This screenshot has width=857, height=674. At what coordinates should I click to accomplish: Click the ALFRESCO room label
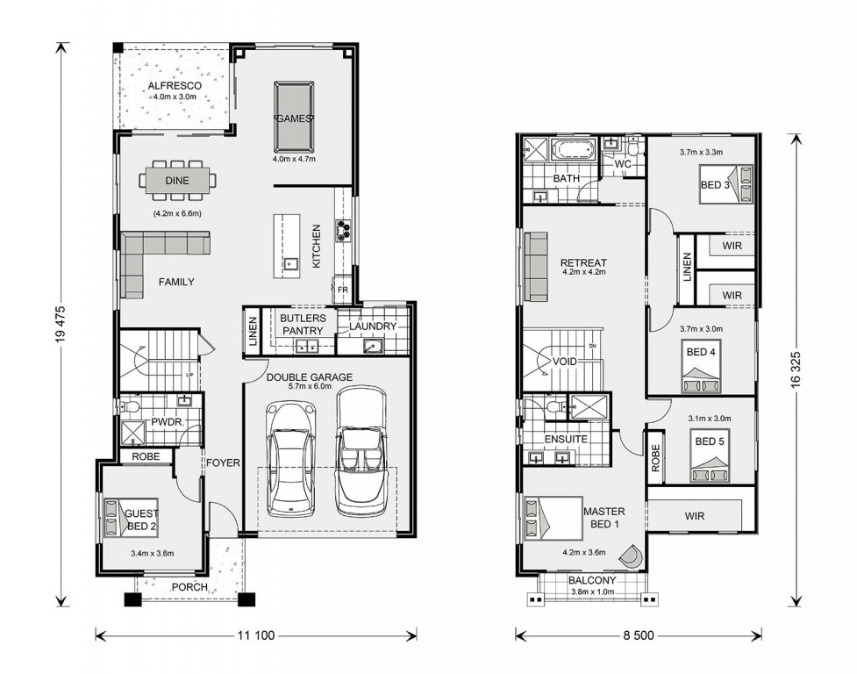point(175,86)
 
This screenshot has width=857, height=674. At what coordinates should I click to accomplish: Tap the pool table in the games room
point(294,117)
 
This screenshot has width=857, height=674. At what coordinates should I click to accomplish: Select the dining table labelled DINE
point(177,180)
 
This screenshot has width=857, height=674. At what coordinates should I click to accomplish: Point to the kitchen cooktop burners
point(343,229)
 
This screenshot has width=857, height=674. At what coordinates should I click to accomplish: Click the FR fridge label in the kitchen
point(343,289)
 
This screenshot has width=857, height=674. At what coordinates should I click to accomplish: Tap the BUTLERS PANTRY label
point(303,324)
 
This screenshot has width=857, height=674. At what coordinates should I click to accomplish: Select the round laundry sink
point(373,346)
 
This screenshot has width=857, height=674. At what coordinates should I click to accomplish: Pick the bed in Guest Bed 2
point(132,517)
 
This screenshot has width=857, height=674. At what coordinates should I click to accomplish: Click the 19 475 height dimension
point(61,331)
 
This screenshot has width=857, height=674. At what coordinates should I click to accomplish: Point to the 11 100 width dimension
point(256,635)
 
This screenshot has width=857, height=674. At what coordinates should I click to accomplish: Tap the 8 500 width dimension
point(639,635)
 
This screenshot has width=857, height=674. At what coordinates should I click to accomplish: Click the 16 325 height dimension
point(796,369)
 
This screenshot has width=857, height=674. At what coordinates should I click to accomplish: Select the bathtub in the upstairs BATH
point(572,150)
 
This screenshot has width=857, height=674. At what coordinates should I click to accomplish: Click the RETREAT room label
point(583,263)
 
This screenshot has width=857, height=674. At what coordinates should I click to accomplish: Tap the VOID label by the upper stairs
point(565,362)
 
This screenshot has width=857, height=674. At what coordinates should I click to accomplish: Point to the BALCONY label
point(592,580)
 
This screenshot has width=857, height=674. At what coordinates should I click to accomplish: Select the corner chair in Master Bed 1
point(632,557)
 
